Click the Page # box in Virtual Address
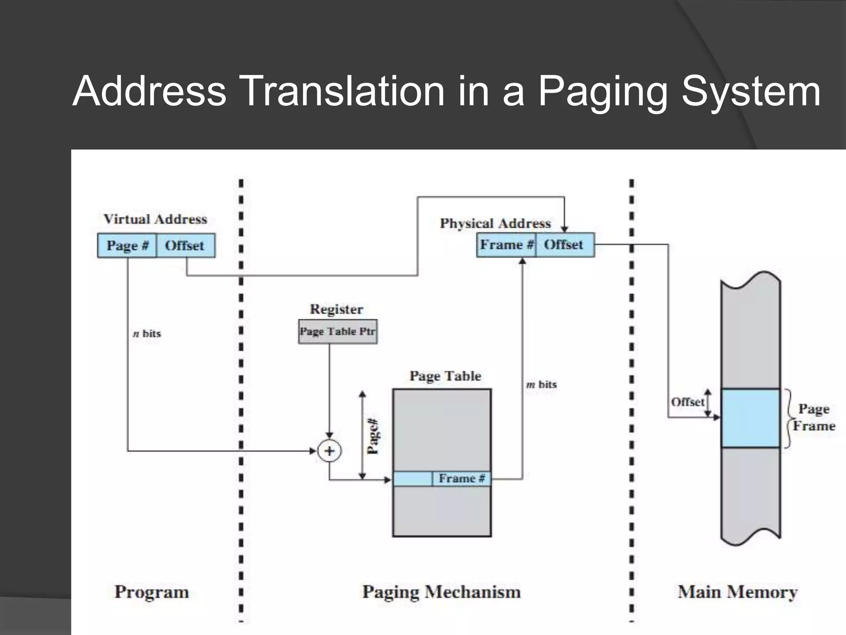[x=127, y=246]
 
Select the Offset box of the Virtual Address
[x=185, y=246]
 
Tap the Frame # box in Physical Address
[x=506, y=245]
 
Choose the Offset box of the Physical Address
[x=564, y=245]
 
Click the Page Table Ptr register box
[x=337, y=332]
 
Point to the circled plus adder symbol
[x=329, y=451]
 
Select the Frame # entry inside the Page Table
[x=461, y=479]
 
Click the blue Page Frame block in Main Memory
[x=750, y=418]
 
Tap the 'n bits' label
[x=147, y=334]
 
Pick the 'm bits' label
[x=542, y=384]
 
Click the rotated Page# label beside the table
[x=373, y=436]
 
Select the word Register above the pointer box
[x=336, y=309]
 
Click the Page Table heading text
[x=445, y=376]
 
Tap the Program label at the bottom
[x=152, y=592]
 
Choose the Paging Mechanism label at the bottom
[x=441, y=592]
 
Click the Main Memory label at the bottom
[x=737, y=592]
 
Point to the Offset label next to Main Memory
[x=687, y=402]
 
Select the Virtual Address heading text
[x=155, y=219]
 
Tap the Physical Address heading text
[x=495, y=223]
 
